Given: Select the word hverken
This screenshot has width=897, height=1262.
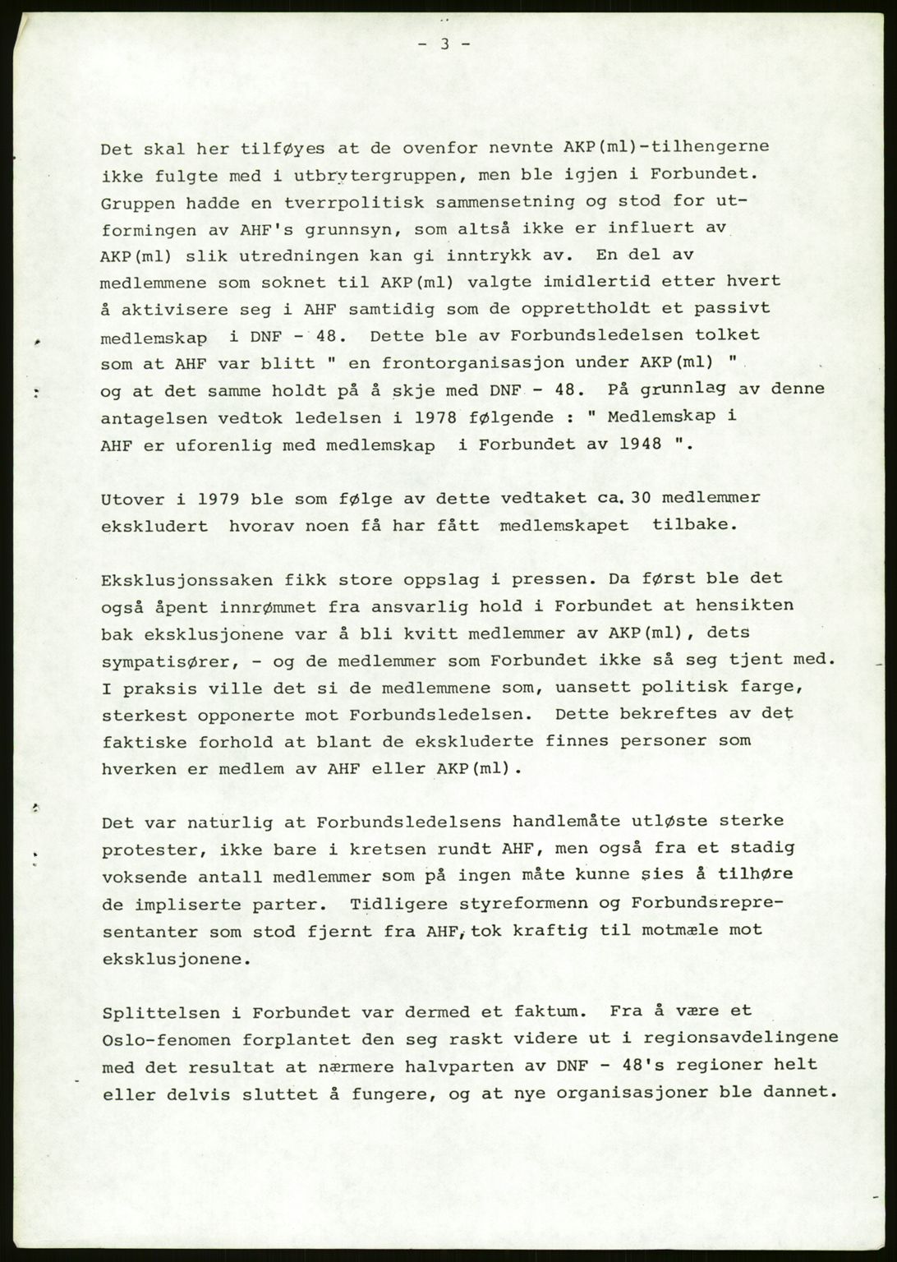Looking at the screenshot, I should (137, 769).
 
